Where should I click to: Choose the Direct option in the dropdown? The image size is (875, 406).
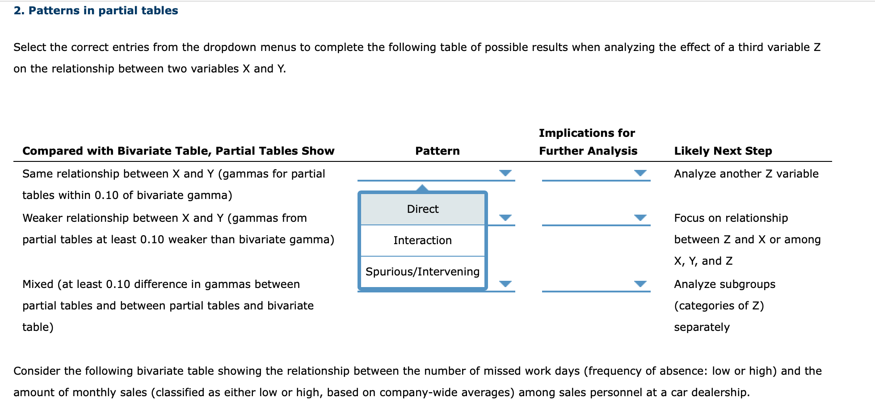[422, 209]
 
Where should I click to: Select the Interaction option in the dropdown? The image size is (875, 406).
[422, 241]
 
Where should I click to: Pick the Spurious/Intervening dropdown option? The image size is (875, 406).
[422, 271]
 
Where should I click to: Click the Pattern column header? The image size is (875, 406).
[437, 151]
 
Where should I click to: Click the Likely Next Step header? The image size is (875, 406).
[723, 151]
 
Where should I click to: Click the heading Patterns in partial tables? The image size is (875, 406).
[96, 11]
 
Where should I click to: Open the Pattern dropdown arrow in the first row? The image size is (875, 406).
[505, 173]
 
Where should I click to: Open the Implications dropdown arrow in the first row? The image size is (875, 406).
[640, 173]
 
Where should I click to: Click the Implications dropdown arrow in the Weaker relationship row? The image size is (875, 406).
[640, 218]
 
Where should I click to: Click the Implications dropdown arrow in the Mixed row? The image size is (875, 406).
[640, 284]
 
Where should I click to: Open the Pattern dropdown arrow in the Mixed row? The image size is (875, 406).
[505, 284]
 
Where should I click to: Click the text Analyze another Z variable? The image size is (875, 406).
[746, 174]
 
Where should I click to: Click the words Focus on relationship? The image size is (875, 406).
[731, 218]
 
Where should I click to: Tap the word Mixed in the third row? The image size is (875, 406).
[38, 284]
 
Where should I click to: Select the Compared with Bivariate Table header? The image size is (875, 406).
[178, 151]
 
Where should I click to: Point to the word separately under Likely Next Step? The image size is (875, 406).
[702, 327]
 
